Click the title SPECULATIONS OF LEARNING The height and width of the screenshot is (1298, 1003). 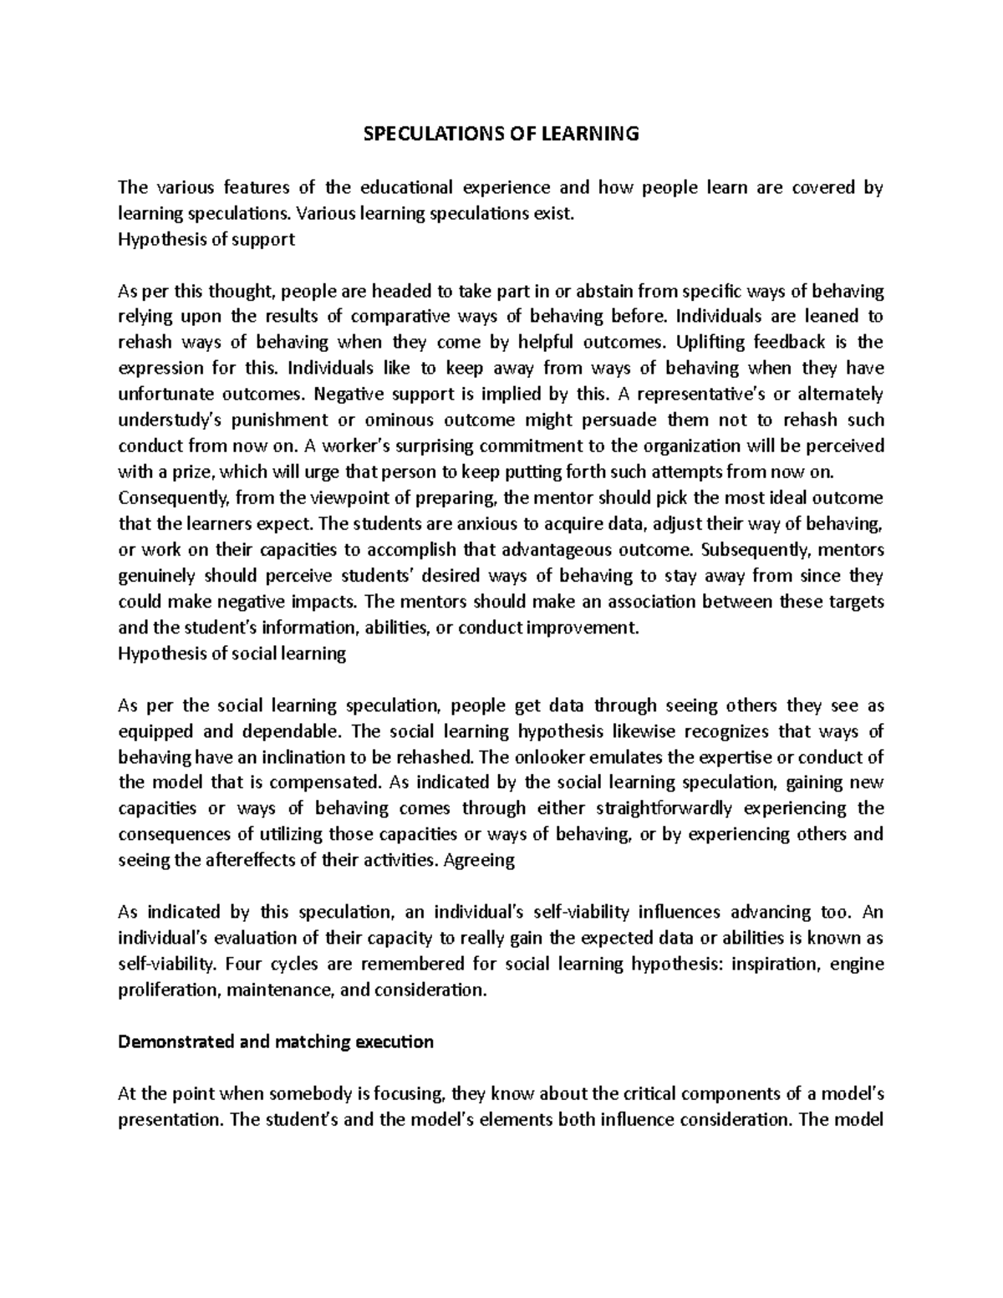pos(501,134)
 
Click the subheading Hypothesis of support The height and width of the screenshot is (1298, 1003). pos(206,239)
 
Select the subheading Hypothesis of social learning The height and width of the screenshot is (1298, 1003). pos(232,654)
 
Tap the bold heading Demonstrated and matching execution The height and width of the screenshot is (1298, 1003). pos(276,1042)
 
